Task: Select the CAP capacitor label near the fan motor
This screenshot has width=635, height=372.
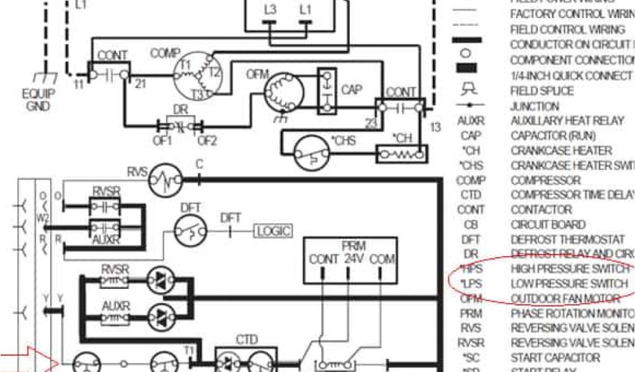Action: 352,90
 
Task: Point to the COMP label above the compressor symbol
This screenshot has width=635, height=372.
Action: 164,54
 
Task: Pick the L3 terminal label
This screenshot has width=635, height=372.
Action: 270,9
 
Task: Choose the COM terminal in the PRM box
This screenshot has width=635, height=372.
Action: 383,259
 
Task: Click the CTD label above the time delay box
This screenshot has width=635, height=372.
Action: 246,340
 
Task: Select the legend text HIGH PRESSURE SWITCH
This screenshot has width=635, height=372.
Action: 569,268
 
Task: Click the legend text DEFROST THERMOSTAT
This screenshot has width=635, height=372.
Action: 567,239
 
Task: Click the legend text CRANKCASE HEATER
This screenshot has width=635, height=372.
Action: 561,150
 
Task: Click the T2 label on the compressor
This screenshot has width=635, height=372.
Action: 214,71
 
